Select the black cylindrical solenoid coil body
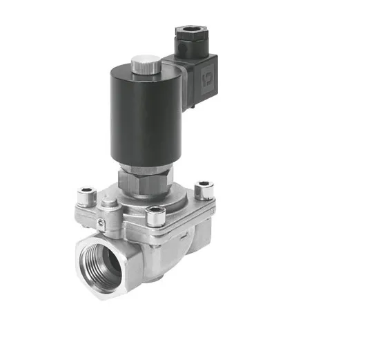coord(142,117)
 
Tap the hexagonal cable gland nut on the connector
coord(188,34)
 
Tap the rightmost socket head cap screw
coord(204,187)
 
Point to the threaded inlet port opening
coord(101,265)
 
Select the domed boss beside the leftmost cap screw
coord(108,203)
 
